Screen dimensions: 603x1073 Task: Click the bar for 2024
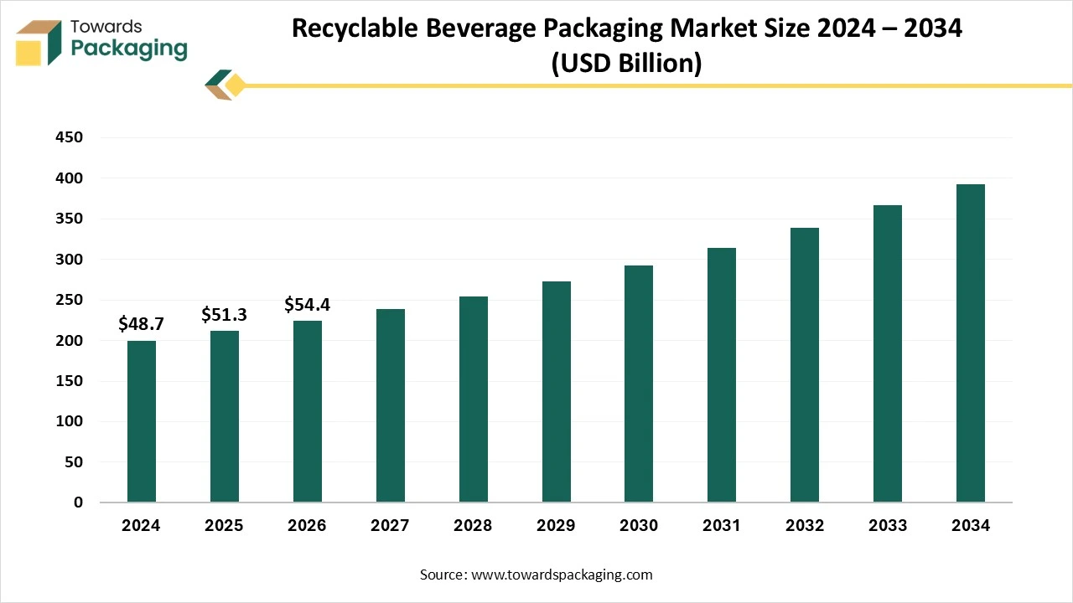(141, 421)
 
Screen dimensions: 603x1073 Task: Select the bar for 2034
(970, 343)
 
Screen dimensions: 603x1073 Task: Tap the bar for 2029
(556, 392)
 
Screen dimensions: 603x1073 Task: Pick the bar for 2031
(722, 375)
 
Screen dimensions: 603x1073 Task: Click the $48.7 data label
(141, 323)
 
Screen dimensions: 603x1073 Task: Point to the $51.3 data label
(224, 314)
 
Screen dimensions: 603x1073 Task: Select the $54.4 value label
(307, 304)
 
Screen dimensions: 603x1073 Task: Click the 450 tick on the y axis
(70, 137)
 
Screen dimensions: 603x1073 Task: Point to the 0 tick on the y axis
(78, 502)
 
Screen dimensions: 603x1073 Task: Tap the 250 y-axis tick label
(70, 300)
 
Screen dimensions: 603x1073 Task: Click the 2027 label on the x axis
(390, 526)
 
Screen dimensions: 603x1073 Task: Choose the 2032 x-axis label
(805, 526)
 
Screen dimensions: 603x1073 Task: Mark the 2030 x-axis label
(639, 526)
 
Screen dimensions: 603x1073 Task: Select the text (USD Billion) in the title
(626, 63)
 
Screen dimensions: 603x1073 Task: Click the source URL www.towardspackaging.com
(562, 575)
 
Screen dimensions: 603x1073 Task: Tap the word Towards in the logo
(106, 26)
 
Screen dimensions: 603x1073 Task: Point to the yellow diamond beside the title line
(236, 85)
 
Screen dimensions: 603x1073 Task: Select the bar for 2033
(887, 353)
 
